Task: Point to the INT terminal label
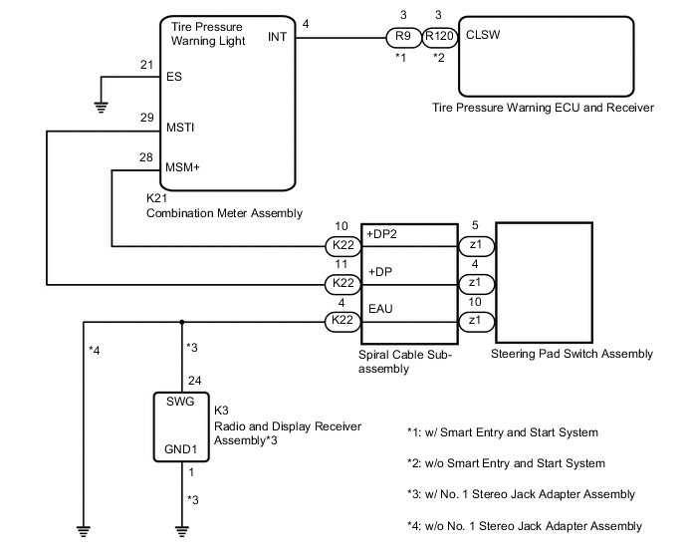279,37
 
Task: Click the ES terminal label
174,76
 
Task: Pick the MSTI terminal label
180,129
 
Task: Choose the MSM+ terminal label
183,166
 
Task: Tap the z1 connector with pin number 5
475,245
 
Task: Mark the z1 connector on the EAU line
475,320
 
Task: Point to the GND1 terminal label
181,450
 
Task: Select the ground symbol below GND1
181,530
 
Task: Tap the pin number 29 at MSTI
146,119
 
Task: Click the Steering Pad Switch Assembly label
571,354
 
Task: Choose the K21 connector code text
157,198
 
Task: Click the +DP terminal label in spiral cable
379,271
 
